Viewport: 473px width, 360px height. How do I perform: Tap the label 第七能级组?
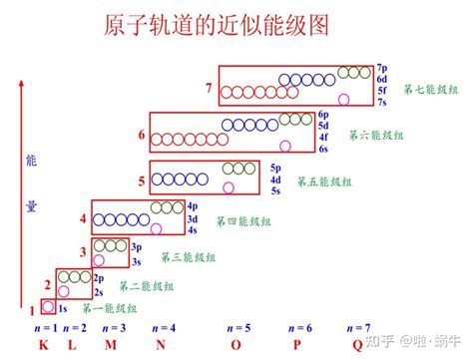(430, 90)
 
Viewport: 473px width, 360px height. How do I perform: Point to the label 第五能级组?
(327, 181)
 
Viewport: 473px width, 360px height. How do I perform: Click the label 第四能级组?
(243, 220)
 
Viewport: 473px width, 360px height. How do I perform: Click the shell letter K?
(44, 346)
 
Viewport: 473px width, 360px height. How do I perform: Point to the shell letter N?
(159, 346)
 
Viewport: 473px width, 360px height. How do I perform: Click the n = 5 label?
(239, 328)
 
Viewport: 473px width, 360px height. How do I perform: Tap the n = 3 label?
(113, 328)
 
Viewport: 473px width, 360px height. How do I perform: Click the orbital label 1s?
(62, 309)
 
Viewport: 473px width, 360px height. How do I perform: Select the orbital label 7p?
(382, 66)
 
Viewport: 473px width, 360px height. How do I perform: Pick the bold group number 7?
(208, 89)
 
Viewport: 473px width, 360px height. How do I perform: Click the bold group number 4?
(83, 217)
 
